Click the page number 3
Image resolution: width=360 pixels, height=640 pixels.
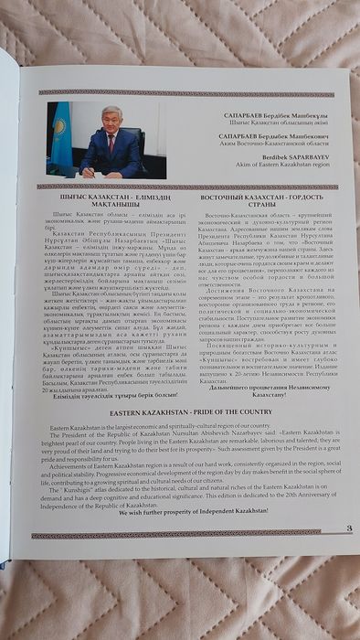tap(348, 553)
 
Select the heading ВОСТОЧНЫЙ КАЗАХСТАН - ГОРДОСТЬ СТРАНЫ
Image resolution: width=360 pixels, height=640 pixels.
tap(264, 203)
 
